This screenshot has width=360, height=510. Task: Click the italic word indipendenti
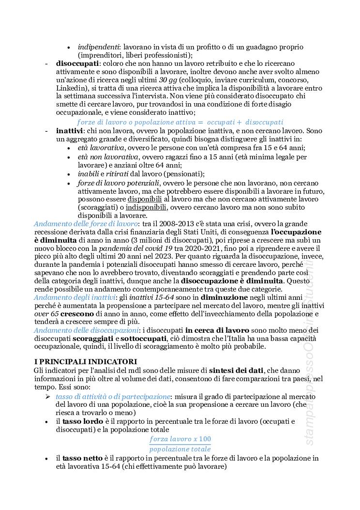[x=99, y=47]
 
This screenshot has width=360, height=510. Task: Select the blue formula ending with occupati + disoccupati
[x=180, y=122]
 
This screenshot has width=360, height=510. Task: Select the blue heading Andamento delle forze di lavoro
[x=86, y=224]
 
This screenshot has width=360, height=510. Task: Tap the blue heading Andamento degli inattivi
[x=75, y=297]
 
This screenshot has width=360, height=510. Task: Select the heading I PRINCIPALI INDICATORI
[x=86, y=361]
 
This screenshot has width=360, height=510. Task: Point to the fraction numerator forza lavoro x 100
[x=180, y=439]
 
